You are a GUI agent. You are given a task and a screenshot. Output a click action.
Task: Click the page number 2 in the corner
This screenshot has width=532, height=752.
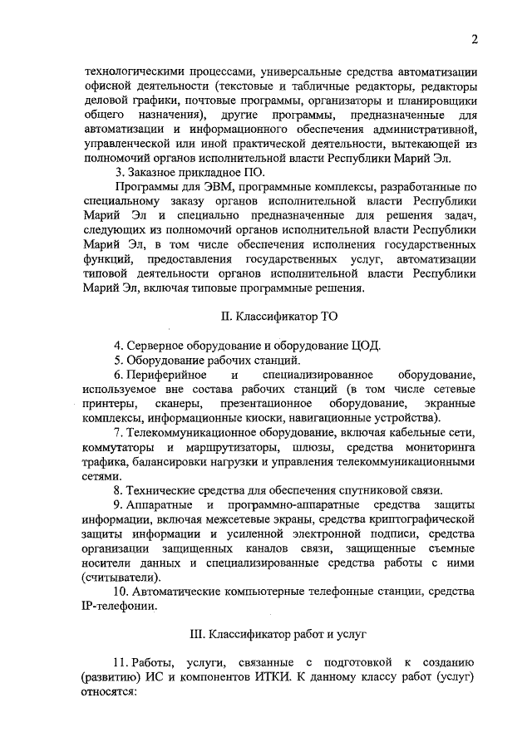(x=473, y=39)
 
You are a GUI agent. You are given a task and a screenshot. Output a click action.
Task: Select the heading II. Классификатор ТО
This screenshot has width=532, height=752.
(x=279, y=316)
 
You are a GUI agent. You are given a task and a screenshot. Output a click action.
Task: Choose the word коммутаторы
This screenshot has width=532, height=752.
(x=118, y=448)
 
